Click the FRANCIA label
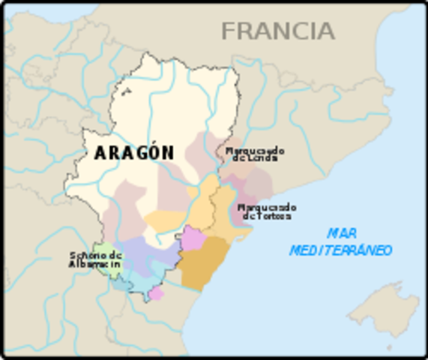277,31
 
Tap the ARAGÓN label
134,153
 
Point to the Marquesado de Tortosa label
266,211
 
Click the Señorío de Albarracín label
94,259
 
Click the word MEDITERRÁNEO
341,250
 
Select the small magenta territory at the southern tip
156,293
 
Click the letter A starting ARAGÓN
100,153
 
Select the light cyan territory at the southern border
135,282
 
